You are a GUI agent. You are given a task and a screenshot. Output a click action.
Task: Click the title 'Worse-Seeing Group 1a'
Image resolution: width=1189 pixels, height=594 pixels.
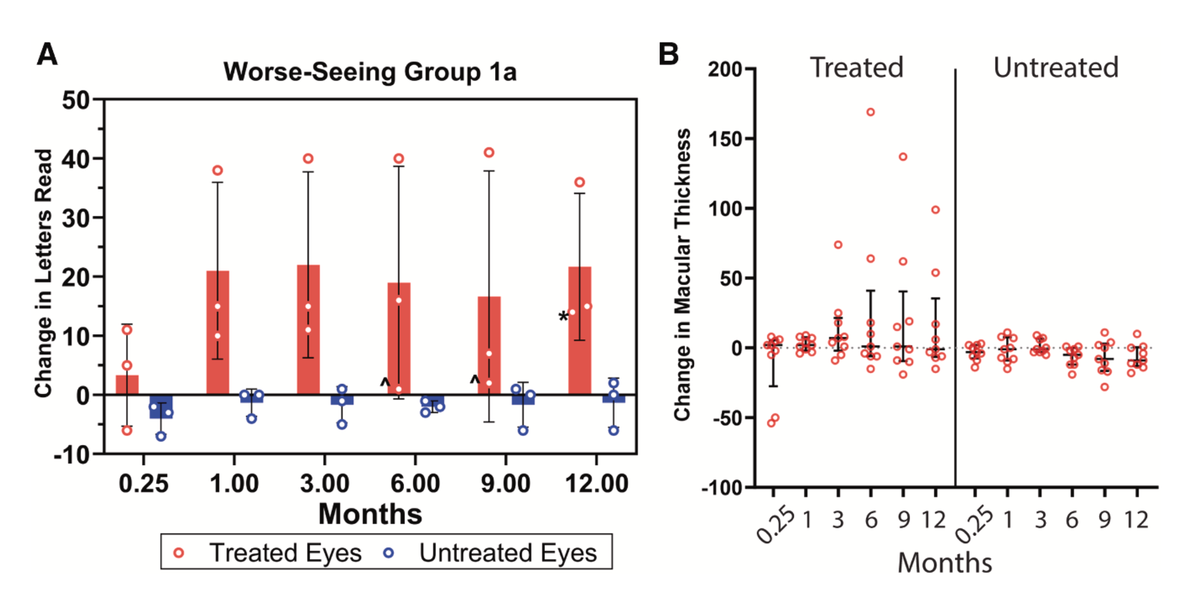click(x=370, y=72)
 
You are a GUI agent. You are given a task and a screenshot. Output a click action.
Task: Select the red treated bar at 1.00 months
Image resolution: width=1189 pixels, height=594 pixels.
click(x=218, y=332)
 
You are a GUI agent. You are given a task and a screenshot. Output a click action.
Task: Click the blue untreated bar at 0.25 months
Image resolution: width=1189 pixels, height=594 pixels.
click(x=161, y=406)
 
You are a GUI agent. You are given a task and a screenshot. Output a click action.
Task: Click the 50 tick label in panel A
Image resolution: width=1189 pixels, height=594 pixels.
click(x=76, y=100)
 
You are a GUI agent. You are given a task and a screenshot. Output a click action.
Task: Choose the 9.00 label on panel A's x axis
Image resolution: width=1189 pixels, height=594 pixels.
click(x=505, y=484)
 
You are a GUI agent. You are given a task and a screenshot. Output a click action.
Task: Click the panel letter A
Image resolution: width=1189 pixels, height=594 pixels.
click(x=47, y=54)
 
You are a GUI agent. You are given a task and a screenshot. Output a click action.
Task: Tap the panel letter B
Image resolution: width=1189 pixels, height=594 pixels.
click(x=668, y=54)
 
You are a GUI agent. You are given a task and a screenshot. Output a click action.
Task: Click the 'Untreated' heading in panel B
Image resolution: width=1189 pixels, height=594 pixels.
click(x=1056, y=67)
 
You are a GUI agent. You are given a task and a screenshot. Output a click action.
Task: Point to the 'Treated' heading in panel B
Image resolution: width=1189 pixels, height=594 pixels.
click(x=856, y=67)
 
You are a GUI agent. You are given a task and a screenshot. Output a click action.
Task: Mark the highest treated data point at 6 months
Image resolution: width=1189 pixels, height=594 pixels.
click(x=871, y=112)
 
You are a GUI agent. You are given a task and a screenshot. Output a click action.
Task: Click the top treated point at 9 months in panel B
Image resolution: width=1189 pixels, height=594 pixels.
click(x=903, y=157)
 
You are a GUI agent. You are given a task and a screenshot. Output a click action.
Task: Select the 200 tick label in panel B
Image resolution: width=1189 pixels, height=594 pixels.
click(x=725, y=69)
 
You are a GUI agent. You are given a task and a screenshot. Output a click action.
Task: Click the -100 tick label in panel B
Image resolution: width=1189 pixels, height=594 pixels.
click(x=722, y=488)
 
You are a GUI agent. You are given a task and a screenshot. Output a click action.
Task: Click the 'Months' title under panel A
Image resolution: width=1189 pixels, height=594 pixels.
click(x=370, y=514)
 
